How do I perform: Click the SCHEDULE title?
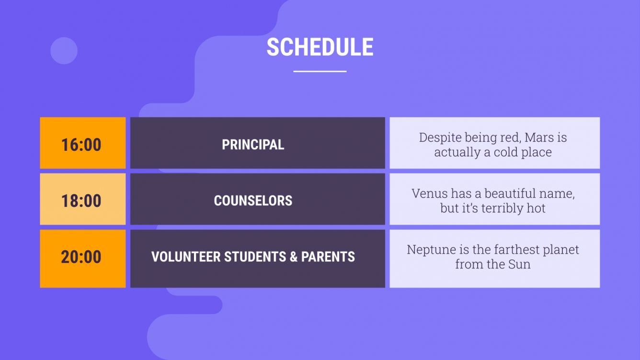320,47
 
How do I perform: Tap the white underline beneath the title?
320,71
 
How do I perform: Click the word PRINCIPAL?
253,145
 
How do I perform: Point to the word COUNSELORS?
253,200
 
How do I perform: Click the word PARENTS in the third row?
328,257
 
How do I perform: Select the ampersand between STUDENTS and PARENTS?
294,257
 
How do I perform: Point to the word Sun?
519,264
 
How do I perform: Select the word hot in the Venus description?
536,208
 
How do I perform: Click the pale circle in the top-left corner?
64,51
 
